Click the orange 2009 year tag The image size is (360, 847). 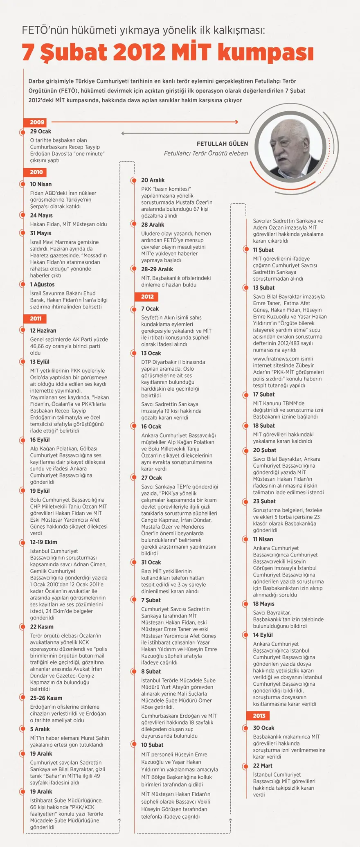pos(37,122)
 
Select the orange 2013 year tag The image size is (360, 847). pos(259,716)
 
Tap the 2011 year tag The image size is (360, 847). pos(36,318)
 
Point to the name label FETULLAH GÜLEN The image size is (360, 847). pos(222,144)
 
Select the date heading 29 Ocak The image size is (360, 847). pos(40,131)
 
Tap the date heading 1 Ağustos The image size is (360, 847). pos(42,284)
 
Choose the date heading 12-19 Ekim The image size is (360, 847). pos(43,542)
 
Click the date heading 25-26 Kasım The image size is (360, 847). pos(46,698)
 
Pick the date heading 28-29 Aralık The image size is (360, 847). pos(157,269)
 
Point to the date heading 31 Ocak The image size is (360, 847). pos(151,562)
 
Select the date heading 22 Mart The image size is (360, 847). pos(262,766)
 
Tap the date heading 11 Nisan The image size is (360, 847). pos(263,539)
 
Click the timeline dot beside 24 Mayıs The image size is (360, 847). pos(22,215)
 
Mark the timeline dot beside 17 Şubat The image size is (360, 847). pos(246,395)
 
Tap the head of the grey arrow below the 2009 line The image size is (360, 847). pos(123,133)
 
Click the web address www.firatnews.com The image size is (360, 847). pos(276,359)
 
